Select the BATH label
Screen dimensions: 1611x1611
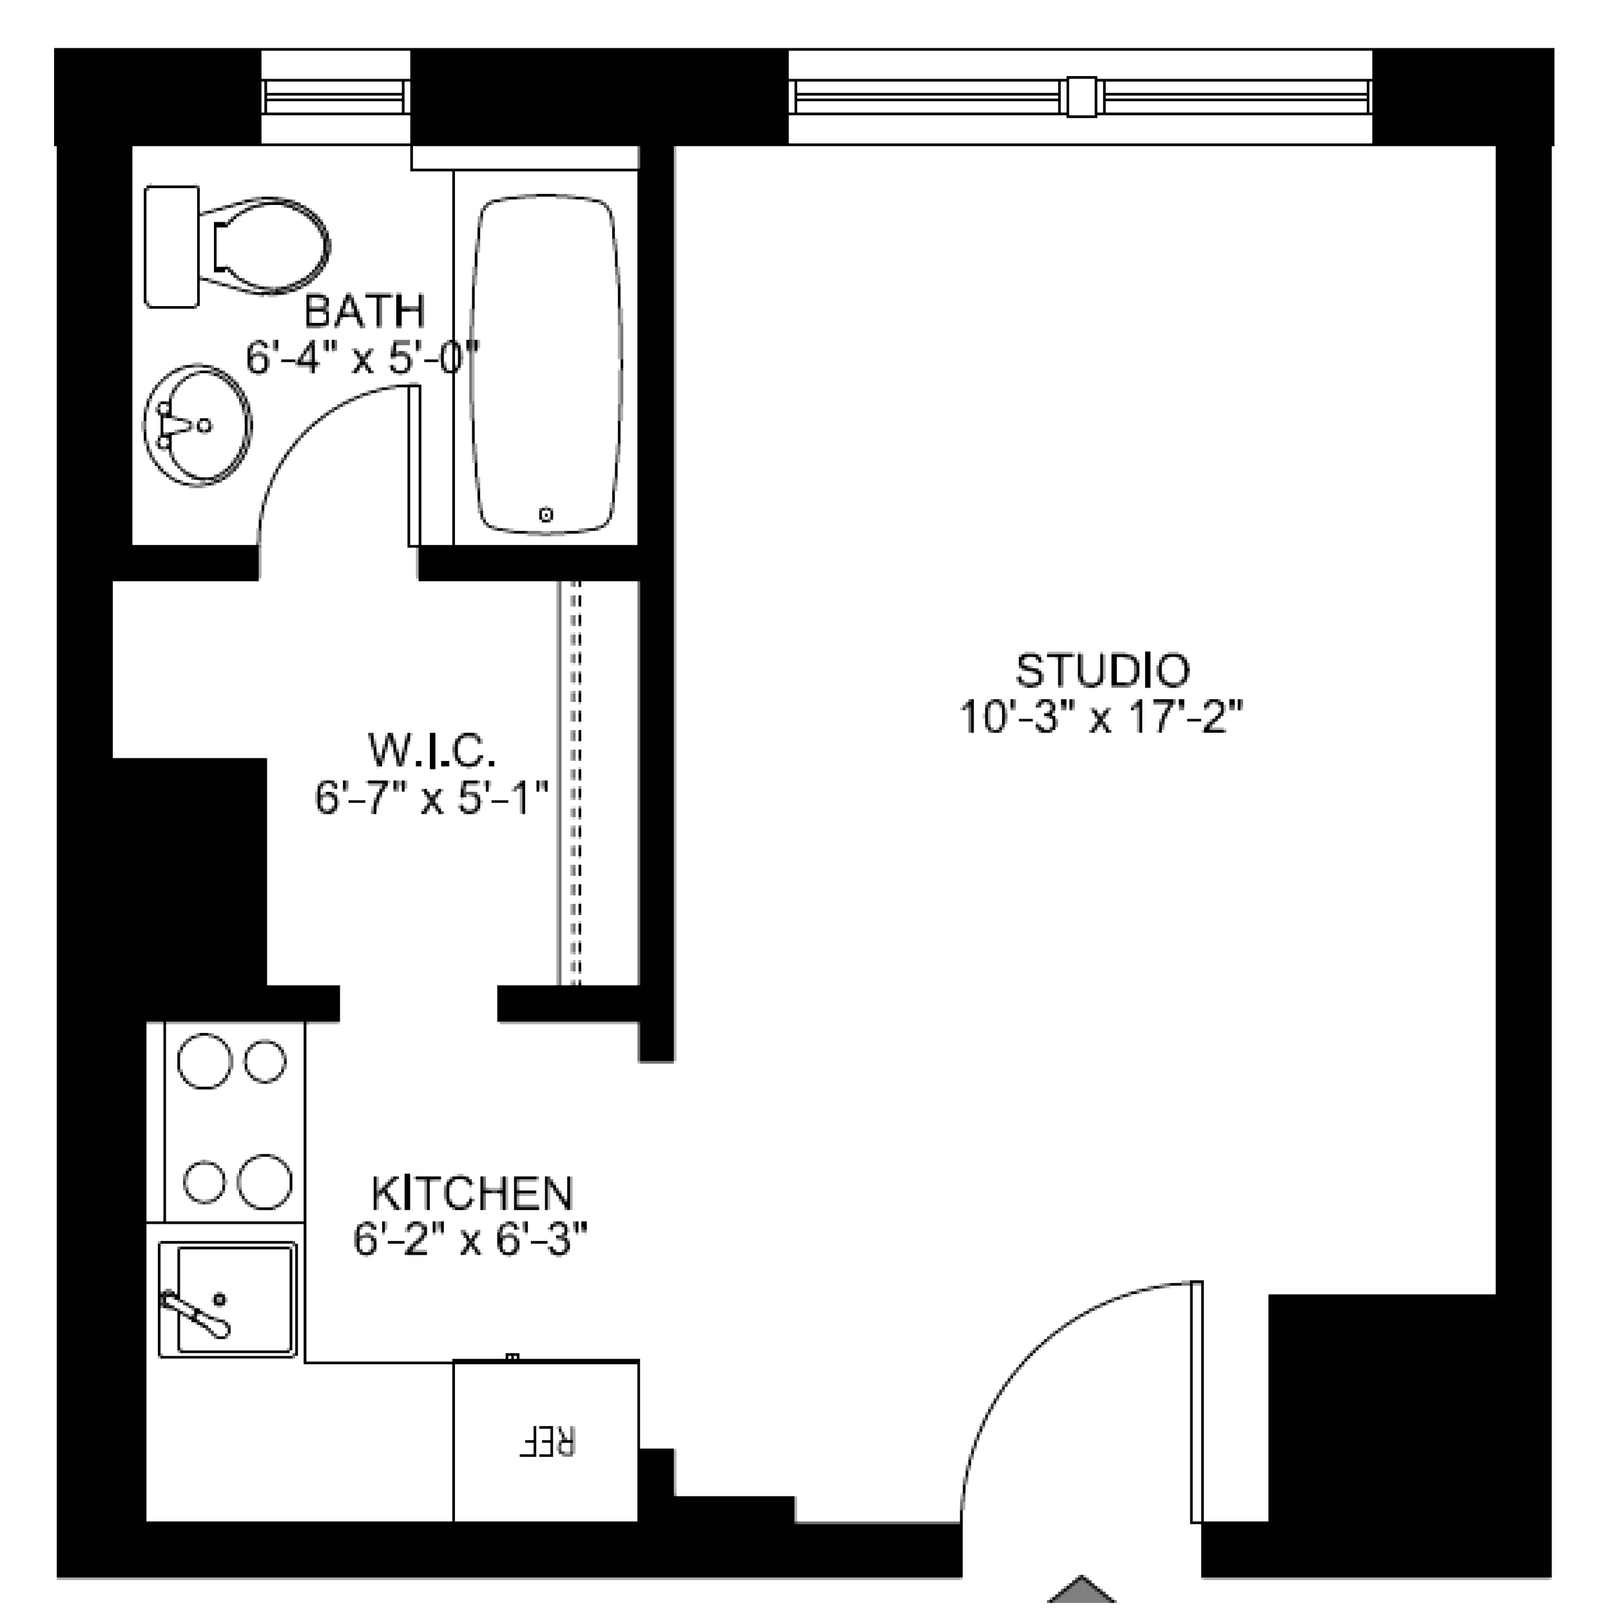click(x=364, y=311)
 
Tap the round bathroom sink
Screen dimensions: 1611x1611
click(x=198, y=425)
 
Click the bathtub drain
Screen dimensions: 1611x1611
click(x=546, y=516)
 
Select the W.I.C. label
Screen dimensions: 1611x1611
click(x=432, y=751)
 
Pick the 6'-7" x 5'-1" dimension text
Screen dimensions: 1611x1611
click(x=432, y=798)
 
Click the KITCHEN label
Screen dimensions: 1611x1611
click(x=472, y=1193)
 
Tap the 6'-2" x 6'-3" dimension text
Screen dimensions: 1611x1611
click(x=471, y=1240)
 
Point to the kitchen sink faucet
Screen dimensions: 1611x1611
click(x=196, y=1313)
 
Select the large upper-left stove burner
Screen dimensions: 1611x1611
click(x=204, y=1061)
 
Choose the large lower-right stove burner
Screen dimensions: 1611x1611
click(x=265, y=1182)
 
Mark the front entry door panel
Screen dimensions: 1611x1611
click(x=1197, y=1400)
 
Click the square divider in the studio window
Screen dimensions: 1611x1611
click(x=1081, y=97)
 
